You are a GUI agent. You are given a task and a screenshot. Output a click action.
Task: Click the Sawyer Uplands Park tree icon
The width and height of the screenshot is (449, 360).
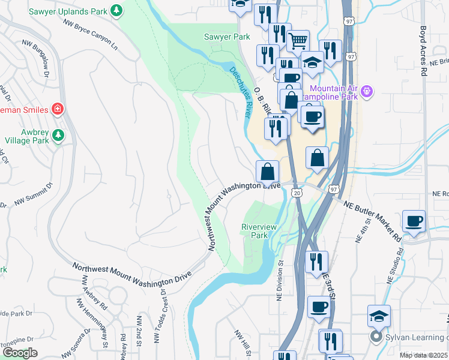pyautogui.click(x=118, y=10)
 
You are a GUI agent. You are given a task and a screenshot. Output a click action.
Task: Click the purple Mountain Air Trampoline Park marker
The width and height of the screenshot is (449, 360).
pyautogui.click(x=367, y=92)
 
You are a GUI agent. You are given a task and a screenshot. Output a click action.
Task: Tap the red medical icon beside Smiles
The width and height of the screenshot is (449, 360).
pyautogui.click(x=58, y=109)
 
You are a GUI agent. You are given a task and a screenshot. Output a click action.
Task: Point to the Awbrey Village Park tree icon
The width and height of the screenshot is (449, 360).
pyautogui.click(x=58, y=135)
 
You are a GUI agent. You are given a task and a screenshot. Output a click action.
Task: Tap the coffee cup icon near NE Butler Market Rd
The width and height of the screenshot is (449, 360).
pyautogui.click(x=414, y=221)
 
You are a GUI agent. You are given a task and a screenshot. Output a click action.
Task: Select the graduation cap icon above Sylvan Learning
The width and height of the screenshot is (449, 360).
pyautogui.click(x=379, y=316)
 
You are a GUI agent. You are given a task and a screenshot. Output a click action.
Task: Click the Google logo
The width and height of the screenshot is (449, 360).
pyautogui.click(x=20, y=353)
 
